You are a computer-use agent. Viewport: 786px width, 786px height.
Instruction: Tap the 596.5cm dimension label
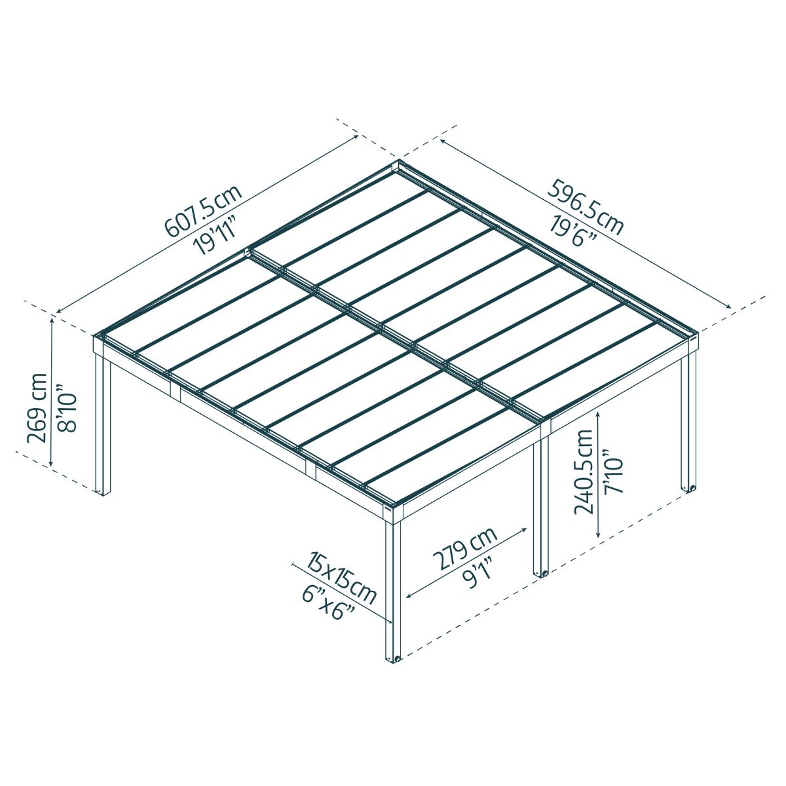coord(585,207)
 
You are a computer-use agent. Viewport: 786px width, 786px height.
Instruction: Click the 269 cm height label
coord(37,407)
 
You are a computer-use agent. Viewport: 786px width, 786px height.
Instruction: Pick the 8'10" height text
coord(67,412)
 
